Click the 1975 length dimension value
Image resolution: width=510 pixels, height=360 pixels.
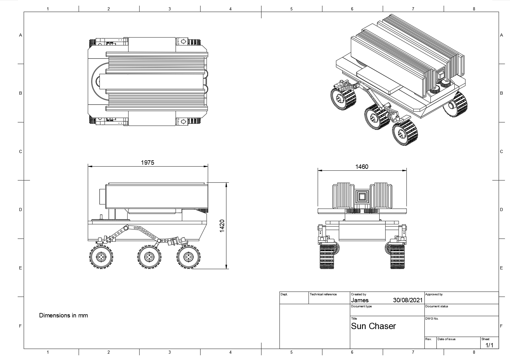coord(147,162)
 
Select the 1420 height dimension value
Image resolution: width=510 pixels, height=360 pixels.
coord(222,226)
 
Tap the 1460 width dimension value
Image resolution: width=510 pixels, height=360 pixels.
coord(362,167)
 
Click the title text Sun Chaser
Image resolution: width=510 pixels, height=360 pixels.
coord(373,326)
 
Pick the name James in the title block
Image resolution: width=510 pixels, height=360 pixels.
coord(360,300)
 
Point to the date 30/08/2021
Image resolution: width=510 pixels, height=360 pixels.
coord(408,300)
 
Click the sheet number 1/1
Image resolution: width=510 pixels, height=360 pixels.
coord(489,345)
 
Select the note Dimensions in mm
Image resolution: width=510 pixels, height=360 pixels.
coord(63,316)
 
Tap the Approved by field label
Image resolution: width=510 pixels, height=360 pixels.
coord(434,294)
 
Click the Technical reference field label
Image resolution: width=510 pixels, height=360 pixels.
coord(323,294)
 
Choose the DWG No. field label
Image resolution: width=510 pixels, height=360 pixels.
coord(432,319)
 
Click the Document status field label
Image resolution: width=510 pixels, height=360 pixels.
coord(437,306)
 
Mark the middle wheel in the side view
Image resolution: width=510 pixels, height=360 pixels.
coord(149,257)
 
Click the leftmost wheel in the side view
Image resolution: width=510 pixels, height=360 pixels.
coord(101,257)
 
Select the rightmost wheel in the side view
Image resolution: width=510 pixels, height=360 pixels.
coord(188,257)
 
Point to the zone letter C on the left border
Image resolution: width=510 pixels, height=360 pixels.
coord(21,151)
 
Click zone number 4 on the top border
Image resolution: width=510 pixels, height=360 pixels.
coord(231,9)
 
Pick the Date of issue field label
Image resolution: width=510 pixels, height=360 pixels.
coord(447,339)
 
